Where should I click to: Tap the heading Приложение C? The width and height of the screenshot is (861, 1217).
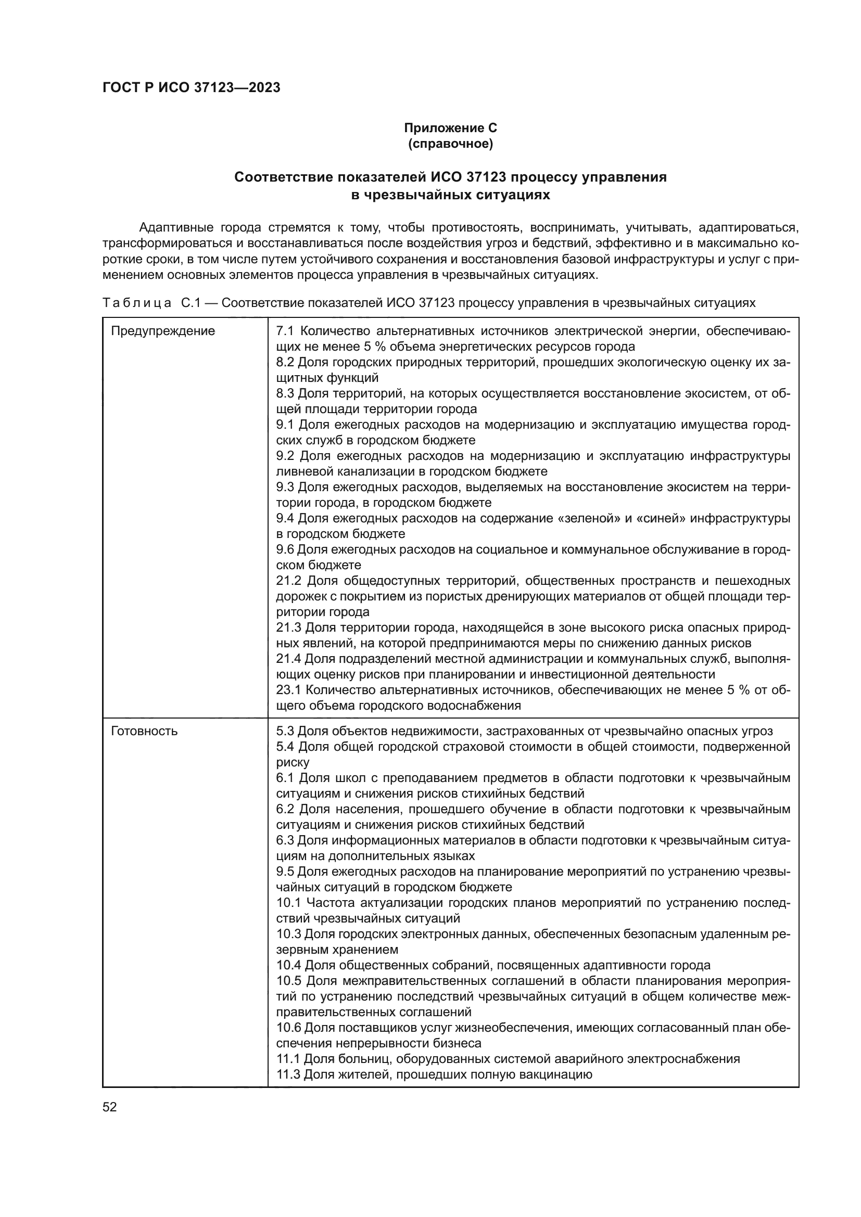pyautogui.click(x=450, y=128)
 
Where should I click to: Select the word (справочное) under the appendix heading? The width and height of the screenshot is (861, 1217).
pyautogui.click(x=450, y=144)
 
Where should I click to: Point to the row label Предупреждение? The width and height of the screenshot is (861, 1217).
pyautogui.click(x=163, y=331)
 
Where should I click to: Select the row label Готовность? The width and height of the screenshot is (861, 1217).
pyautogui.click(x=144, y=732)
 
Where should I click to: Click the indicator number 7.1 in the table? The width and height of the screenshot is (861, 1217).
pyautogui.click(x=285, y=331)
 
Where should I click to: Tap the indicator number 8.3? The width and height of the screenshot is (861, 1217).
pyautogui.click(x=285, y=394)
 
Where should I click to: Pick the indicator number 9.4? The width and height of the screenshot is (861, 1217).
pyautogui.click(x=285, y=518)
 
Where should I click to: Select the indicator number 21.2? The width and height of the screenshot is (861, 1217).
pyautogui.click(x=288, y=581)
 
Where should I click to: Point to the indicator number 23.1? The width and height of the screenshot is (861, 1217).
pyautogui.click(x=288, y=690)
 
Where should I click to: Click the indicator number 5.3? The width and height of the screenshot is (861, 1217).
pyautogui.click(x=285, y=732)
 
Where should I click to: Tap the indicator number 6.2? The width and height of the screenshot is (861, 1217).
pyautogui.click(x=285, y=810)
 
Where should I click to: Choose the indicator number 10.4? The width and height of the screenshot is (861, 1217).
pyautogui.click(x=288, y=965)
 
